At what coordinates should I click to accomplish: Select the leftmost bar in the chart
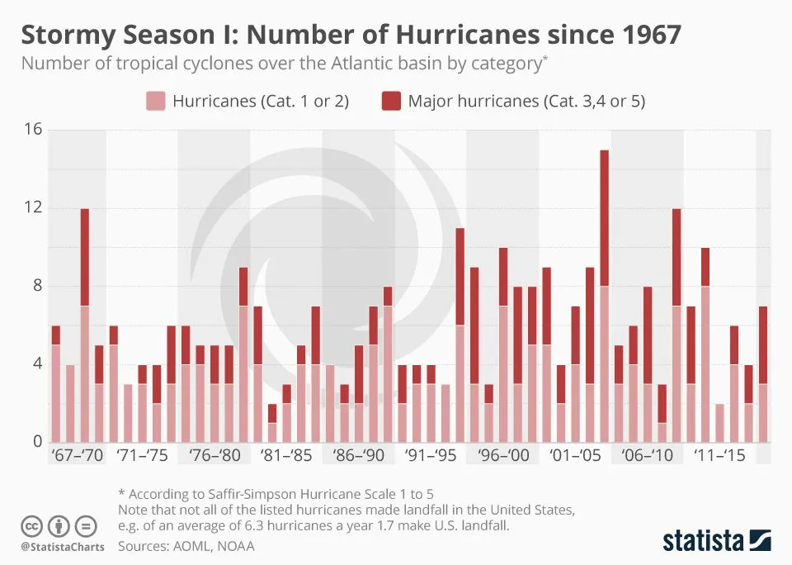(55, 383)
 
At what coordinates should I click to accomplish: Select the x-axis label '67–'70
(77, 456)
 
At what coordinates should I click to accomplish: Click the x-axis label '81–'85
(285, 456)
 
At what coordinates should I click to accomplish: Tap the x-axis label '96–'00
(502, 456)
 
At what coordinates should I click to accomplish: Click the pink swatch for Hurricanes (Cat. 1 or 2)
(156, 102)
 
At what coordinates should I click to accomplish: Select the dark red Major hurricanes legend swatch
(391, 102)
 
